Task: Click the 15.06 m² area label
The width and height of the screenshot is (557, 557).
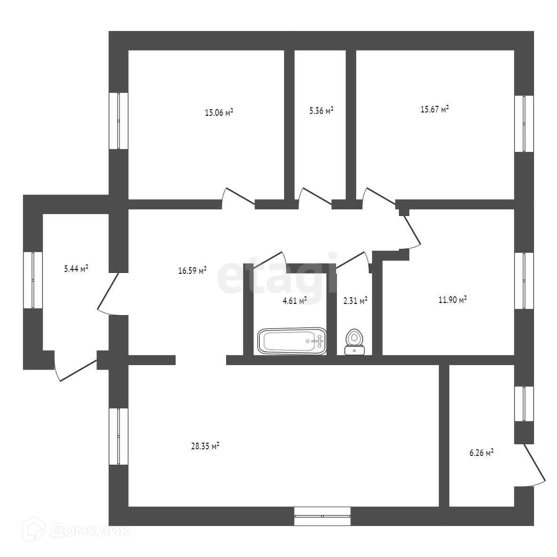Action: [219, 112]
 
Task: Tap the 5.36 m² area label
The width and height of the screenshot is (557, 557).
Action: [321, 111]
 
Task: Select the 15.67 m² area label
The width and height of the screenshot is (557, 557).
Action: [434, 109]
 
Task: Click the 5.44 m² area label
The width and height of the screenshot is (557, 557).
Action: [76, 269]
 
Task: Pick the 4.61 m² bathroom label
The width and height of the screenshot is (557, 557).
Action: [294, 300]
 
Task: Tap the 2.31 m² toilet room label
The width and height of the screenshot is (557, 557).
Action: [356, 301]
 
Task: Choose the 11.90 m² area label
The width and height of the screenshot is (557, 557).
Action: [452, 300]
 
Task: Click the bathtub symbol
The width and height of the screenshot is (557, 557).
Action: [292, 341]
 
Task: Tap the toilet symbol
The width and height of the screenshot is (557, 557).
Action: [354, 342]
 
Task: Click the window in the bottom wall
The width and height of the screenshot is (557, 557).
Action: [322, 516]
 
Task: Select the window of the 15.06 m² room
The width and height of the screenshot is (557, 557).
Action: [119, 121]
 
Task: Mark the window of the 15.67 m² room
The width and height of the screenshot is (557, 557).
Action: [524, 124]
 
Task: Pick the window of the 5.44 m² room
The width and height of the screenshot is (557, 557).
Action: [33, 280]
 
